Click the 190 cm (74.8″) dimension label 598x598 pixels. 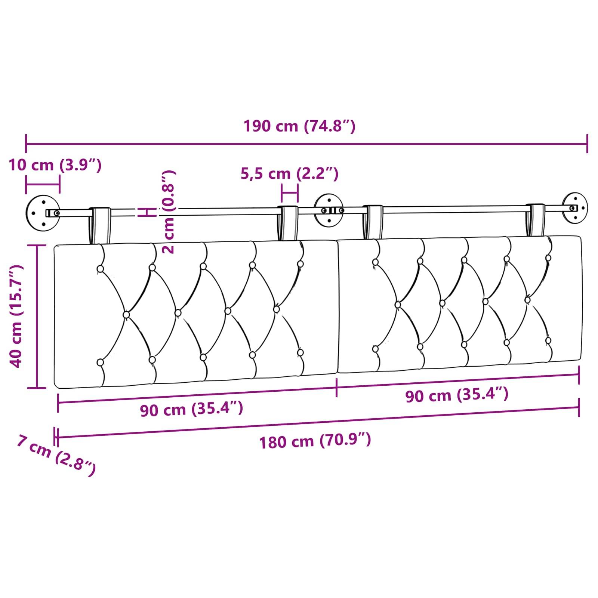(x=299, y=126)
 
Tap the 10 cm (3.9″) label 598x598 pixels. (x=55, y=165)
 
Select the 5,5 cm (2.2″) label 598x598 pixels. (x=289, y=174)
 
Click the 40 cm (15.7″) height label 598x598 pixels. (x=16, y=316)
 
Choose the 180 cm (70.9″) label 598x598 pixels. (x=315, y=441)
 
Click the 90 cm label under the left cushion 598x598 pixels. (x=191, y=409)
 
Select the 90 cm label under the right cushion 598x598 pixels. (x=457, y=395)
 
